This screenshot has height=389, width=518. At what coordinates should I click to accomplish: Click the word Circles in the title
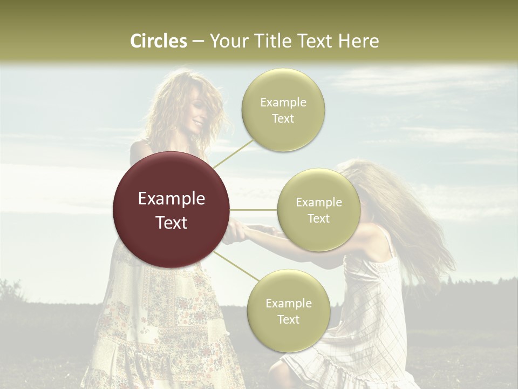pyautogui.click(x=159, y=41)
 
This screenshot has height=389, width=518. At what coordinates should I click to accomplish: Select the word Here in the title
pyautogui.click(x=358, y=41)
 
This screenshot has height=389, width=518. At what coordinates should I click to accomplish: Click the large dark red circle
pyautogui.click(x=171, y=210)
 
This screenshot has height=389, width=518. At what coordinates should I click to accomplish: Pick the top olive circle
pyautogui.click(x=283, y=110)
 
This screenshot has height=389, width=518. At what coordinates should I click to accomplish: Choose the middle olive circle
pyautogui.click(x=318, y=210)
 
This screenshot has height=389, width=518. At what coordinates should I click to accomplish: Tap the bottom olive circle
pyautogui.click(x=288, y=311)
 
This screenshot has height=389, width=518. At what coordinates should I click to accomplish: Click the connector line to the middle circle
pyautogui.click(x=254, y=210)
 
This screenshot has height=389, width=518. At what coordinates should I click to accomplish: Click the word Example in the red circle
pyautogui.click(x=171, y=199)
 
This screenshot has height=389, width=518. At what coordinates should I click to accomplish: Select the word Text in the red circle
pyautogui.click(x=171, y=223)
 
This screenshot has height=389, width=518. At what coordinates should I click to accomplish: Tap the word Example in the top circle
pyautogui.click(x=283, y=102)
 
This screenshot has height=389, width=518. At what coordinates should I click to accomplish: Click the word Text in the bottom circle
pyautogui.click(x=288, y=319)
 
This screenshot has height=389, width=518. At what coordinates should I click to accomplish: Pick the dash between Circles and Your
pyautogui.click(x=198, y=42)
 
